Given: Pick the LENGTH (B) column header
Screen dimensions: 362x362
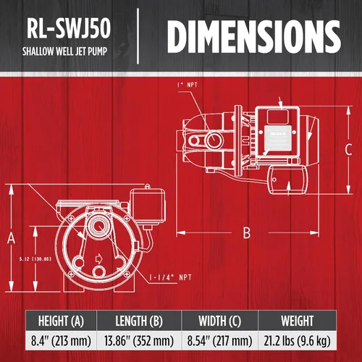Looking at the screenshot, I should point(136,321).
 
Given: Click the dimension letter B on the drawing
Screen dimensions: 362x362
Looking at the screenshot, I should point(246,232).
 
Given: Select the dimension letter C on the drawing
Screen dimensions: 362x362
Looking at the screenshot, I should point(348,150).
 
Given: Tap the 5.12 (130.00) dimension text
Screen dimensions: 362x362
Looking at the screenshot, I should point(29,256).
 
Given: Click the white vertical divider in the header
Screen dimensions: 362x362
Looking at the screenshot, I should point(138,34).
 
